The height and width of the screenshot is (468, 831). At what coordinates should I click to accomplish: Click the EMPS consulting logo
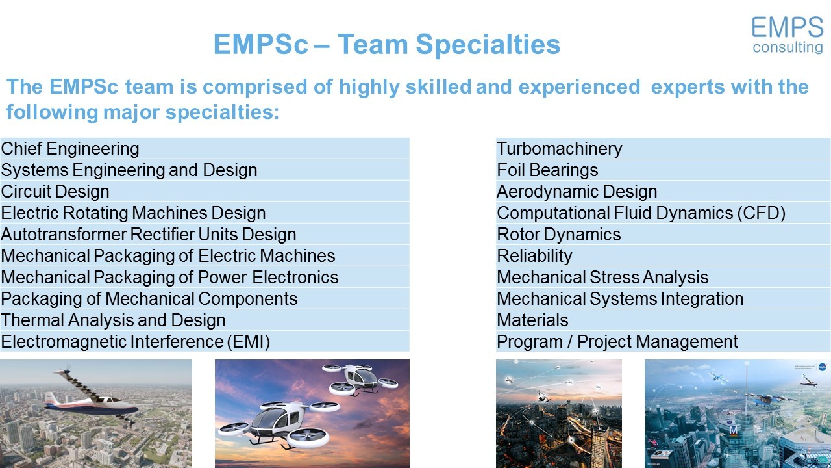tap(788, 35)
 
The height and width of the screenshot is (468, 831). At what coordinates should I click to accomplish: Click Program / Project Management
tap(617, 342)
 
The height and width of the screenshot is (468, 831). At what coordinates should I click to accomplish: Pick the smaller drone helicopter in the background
tap(360, 379)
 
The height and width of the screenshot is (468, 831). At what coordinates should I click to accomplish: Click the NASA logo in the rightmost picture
tap(823, 367)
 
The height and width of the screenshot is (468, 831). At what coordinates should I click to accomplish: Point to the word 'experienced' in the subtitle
tap(580, 87)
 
